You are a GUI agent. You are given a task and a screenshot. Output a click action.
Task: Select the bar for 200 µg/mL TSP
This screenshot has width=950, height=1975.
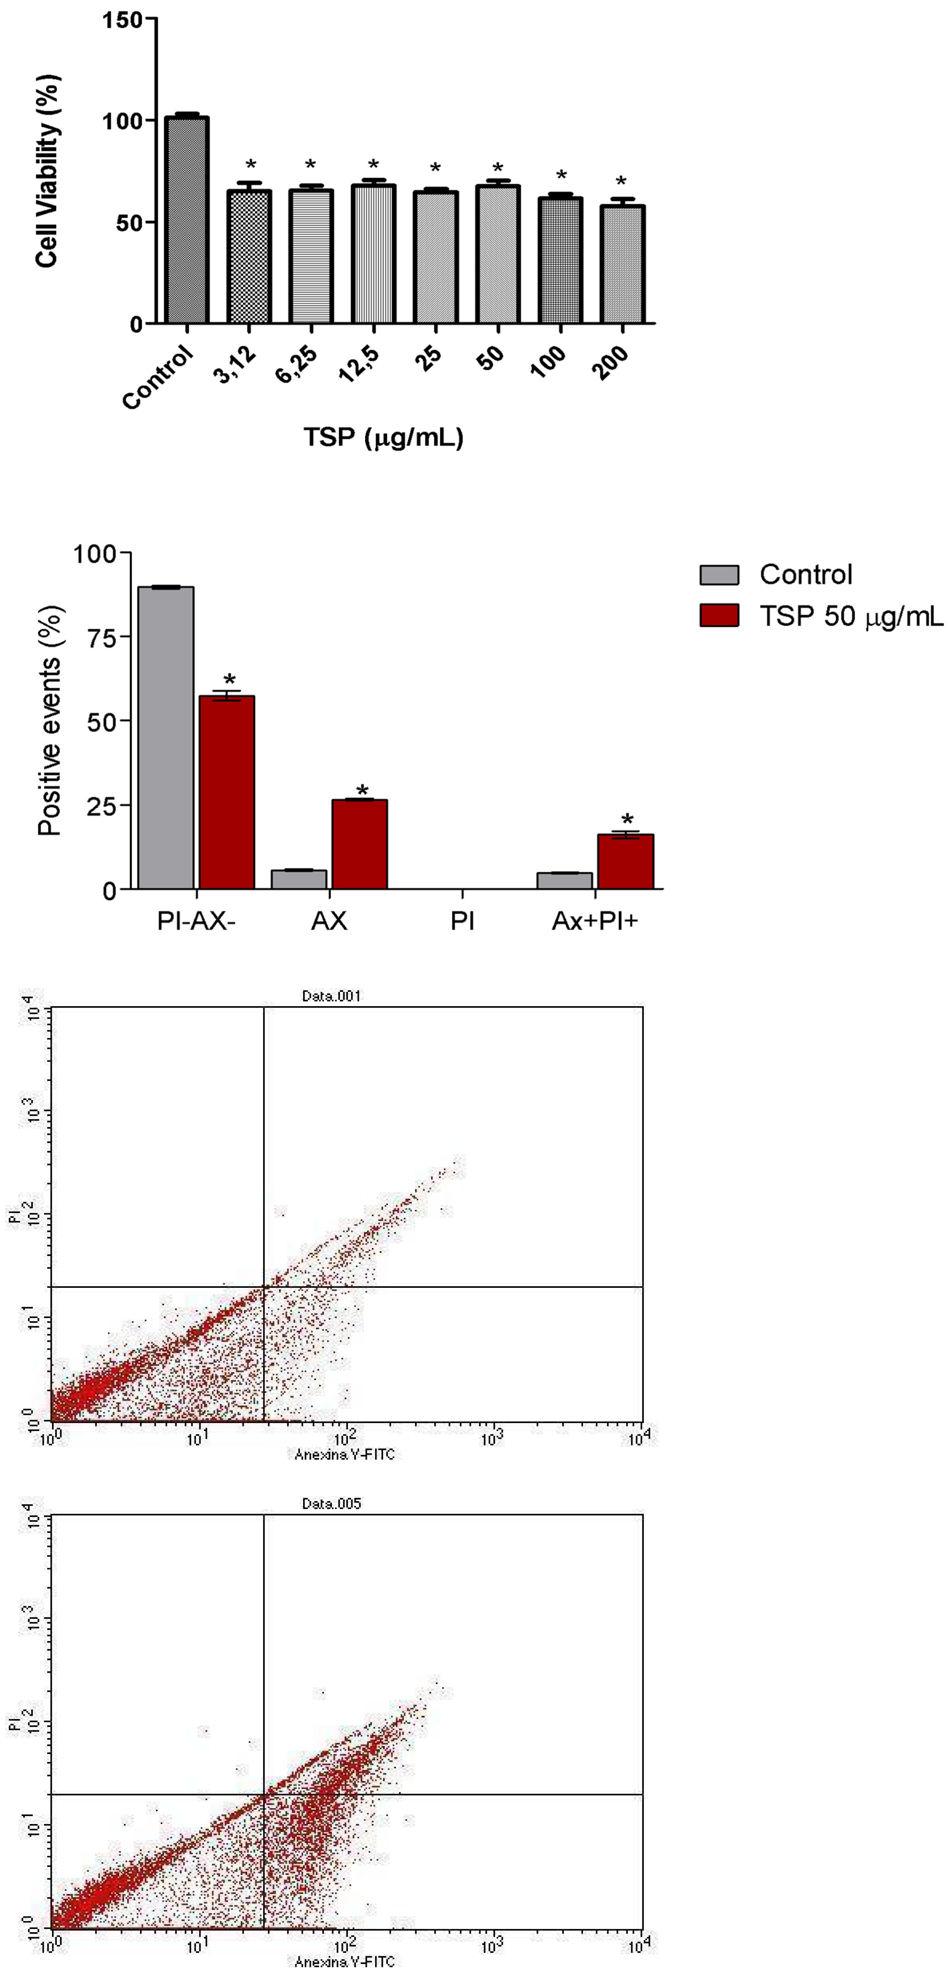[622, 264]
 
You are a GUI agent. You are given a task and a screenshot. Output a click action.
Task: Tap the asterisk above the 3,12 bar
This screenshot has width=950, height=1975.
[250, 165]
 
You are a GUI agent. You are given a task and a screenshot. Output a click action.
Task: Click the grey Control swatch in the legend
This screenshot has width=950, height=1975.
[719, 574]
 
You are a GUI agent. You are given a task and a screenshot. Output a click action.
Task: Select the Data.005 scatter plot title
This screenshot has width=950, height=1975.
[331, 1503]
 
